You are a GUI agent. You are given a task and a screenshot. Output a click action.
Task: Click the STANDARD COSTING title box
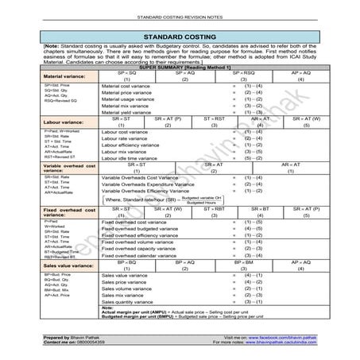[180, 37]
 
